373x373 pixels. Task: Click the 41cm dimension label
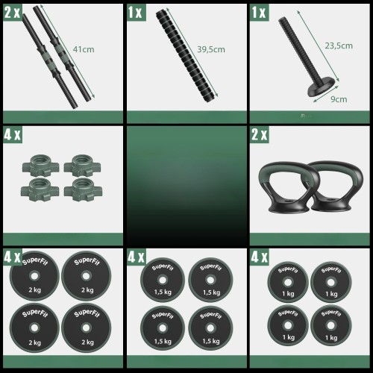[84, 49]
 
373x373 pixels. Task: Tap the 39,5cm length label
[211, 49]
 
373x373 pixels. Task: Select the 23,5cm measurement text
[339, 46]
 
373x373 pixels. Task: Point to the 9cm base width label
[339, 99]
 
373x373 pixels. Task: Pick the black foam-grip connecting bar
[186, 55]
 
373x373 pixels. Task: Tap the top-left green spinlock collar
[41, 166]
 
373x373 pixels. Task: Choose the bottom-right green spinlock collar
[83, 189]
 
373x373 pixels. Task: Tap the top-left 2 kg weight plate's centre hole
[34, 276]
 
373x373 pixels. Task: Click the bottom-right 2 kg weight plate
[86, 327]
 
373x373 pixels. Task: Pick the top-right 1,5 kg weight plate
[210, 280]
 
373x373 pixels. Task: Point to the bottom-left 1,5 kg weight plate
[163, 328]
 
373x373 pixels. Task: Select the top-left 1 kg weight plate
[288, 282]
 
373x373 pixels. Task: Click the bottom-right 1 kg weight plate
[331, 325]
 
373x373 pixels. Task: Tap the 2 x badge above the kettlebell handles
[260, 134]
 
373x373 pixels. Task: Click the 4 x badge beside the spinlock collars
[13, 134]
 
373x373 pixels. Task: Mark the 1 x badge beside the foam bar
[136, 13]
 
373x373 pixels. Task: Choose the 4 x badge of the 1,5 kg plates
[136, 257]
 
